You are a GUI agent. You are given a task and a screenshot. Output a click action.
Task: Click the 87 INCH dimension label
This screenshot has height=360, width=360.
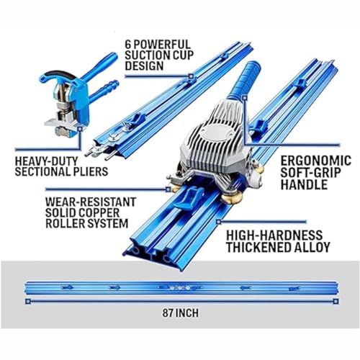click(x=181, y=314)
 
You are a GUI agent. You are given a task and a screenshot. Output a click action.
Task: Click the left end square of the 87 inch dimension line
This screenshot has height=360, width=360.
click(x=27, y=301)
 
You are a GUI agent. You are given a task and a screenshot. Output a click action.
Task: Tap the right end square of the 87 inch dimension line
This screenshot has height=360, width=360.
click(x=333, y=301)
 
